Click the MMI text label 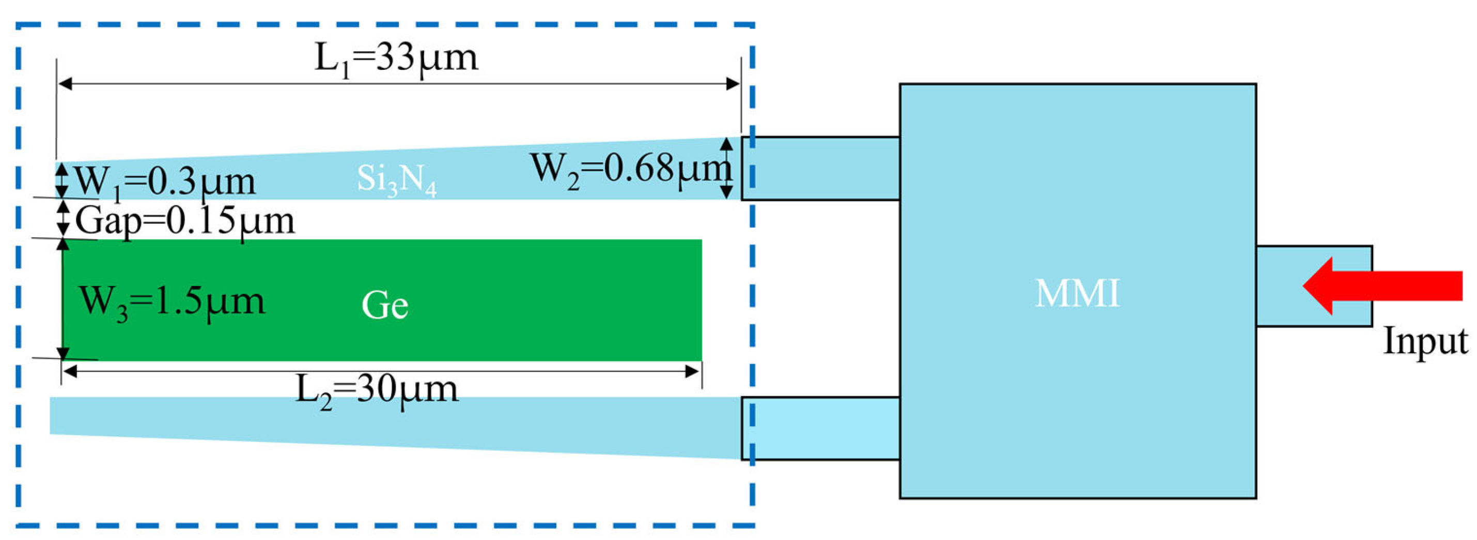coord(1077,294)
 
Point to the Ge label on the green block coord(385,305)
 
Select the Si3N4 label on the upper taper coord(396,179)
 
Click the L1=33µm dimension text coord(396,58)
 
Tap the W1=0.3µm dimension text coord(166,183)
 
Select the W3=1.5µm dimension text coord(172,301)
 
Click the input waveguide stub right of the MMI coord(1313,286)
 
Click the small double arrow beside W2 coord(726,168)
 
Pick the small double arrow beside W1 coord(61,181)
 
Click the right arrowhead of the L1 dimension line coord(733,84)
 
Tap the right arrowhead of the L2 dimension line coord(692,371)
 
